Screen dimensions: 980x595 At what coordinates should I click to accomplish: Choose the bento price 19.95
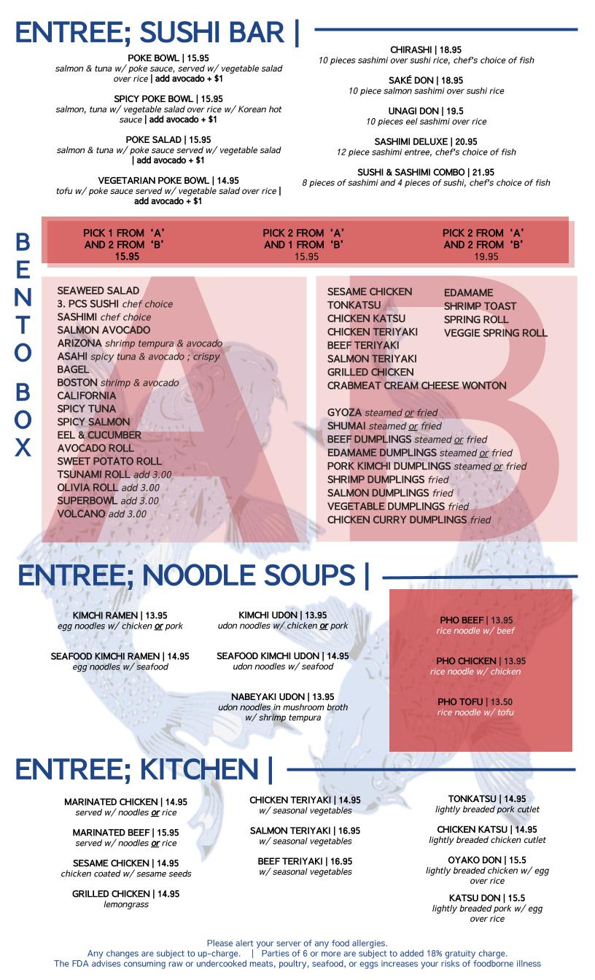coord(486,257)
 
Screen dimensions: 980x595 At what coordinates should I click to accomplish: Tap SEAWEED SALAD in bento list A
coord(98,291)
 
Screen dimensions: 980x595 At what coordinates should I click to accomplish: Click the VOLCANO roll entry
coord(80,514)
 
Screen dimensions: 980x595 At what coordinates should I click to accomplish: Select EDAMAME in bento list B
coord(468,293)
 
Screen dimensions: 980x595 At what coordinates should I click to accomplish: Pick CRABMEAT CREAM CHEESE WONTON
coord(416,386)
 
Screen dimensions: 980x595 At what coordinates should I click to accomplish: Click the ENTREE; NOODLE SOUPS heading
coord(193,576)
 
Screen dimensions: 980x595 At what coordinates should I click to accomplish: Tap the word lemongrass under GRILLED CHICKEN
coord(125,904)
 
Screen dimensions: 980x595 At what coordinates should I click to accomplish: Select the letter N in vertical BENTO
coord(23,297)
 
